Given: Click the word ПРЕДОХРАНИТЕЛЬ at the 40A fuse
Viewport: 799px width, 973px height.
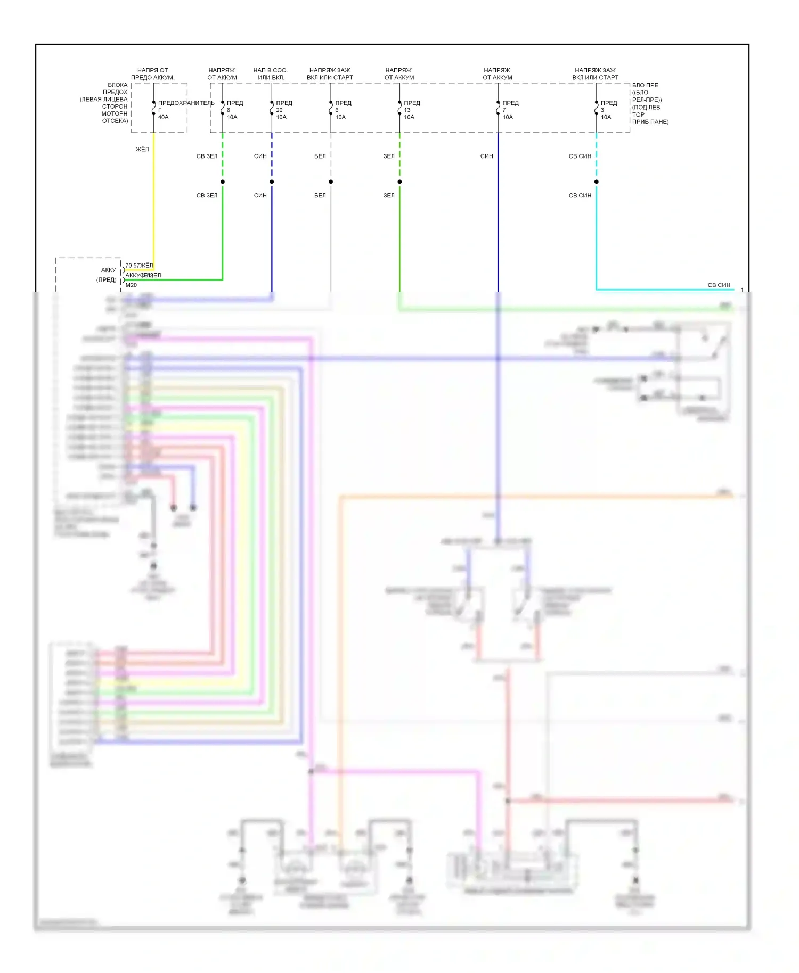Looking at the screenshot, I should pos(186,103).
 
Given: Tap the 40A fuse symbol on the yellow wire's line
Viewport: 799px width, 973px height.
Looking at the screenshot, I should pos(154,108).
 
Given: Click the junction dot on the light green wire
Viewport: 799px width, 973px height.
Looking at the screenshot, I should pos(223,182).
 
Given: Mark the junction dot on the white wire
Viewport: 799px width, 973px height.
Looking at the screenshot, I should pos(331,182).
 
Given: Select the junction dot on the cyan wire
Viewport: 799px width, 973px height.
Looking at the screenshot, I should pos(597,182).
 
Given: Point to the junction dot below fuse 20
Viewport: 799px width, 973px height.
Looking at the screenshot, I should pos(272,182).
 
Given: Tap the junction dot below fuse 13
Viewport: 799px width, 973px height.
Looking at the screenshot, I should pos(399,182).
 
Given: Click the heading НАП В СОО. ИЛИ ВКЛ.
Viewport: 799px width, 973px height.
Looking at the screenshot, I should pos(271,73).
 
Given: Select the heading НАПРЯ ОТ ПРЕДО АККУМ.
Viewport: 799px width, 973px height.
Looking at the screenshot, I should pos(153,73).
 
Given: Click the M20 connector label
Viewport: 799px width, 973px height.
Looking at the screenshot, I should pos(131,285).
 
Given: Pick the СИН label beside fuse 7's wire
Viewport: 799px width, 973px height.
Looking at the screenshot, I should pos(486,156).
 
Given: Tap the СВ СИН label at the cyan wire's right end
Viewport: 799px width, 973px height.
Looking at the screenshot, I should pos(719,285).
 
